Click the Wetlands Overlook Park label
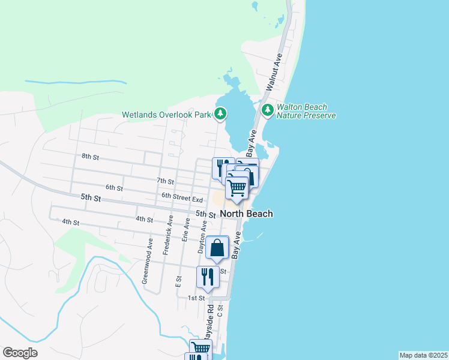(167, 114)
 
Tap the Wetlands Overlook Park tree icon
(220, 113)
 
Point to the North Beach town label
(246, 214)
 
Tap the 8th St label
(90, 157)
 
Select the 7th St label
(165, 181)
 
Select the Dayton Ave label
(203, 237)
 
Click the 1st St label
(192, 298)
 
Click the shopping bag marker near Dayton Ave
(217, 247)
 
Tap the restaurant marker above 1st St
(208, 277)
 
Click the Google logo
(20, 353)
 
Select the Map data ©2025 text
(423, 355)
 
